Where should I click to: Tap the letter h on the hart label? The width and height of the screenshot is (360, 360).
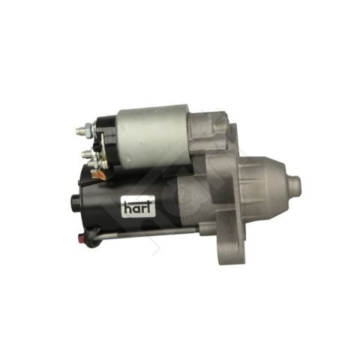(x=127, y=207)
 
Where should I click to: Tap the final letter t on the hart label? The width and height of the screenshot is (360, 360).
(x=148, y=206)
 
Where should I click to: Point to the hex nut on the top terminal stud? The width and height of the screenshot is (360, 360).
(x=88, y=127)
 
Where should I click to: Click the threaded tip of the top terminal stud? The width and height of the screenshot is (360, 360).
(x=79, y=130)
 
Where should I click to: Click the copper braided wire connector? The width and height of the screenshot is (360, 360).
(x=98, y=174)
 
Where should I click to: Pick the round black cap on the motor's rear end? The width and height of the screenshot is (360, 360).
(x=75, y=201)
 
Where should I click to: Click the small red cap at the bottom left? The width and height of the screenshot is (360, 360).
(x=81, y=236)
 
